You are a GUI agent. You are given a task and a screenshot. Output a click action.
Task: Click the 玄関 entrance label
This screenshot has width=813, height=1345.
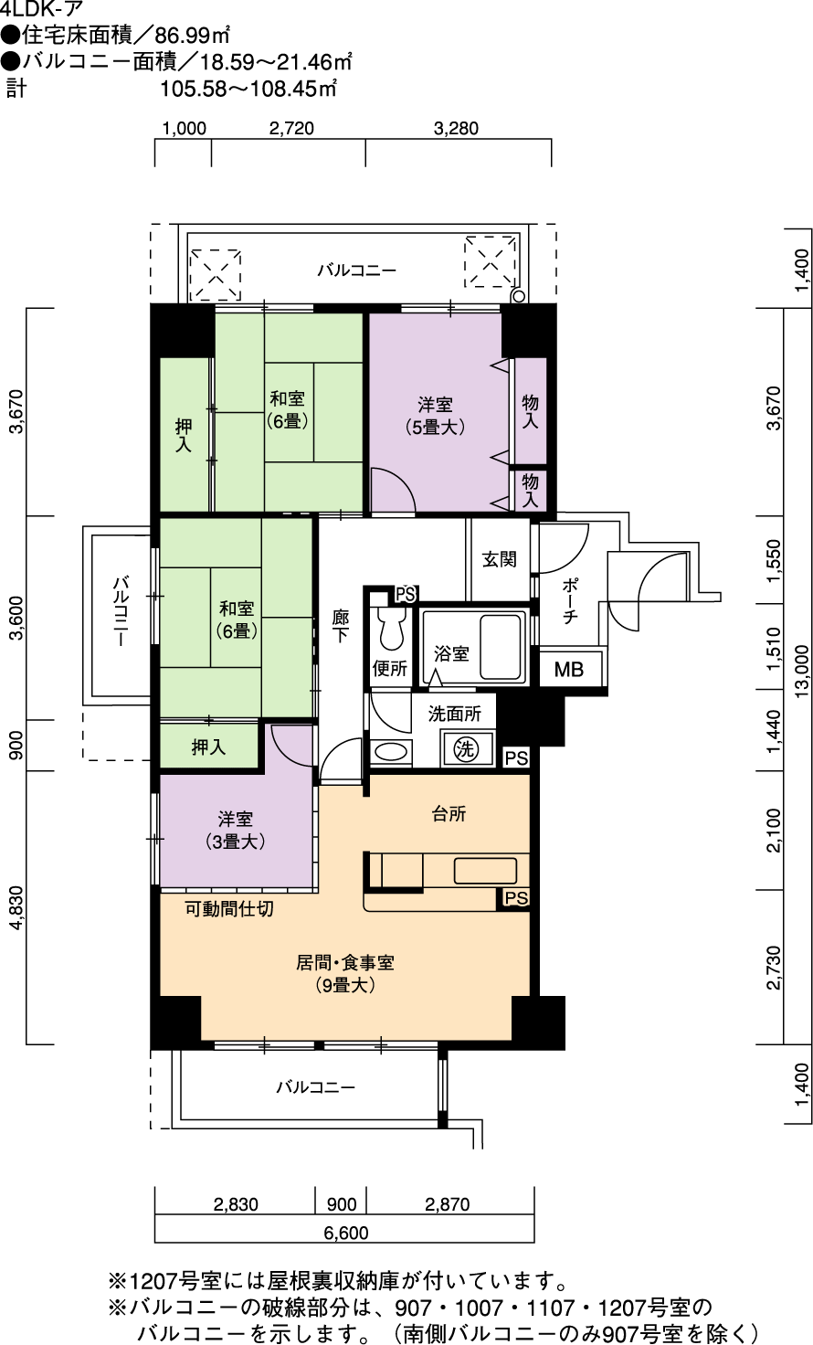[499, 559]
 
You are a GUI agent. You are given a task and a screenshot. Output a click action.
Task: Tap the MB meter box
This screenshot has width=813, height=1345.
[569, 669]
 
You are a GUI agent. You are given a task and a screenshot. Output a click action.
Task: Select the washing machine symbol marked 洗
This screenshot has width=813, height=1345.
[466, 748]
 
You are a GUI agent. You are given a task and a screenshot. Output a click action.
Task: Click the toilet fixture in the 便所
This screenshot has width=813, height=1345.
[391, 627]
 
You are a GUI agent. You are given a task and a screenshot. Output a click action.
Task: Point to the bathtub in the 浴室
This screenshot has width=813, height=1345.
[501, 647]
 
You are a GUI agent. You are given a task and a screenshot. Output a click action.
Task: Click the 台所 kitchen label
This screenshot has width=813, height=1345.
[449, 813]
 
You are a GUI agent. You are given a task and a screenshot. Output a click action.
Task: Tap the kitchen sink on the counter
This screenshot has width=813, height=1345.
[485, 871]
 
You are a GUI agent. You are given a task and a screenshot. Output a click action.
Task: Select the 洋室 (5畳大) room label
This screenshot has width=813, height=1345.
[436, 416]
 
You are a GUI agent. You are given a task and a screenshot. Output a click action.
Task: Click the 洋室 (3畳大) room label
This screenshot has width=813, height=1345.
[236, 831]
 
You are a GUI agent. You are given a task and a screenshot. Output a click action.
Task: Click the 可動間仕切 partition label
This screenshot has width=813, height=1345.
[229, 908]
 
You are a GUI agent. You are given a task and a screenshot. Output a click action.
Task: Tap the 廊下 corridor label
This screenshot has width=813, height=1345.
[341, 626]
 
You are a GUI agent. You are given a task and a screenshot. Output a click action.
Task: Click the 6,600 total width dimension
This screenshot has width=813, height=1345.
[346, 1233]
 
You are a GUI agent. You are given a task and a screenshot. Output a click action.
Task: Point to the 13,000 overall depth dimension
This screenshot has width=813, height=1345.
[802, 672]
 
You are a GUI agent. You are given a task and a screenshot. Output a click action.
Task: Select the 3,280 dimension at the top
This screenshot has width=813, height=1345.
[457, 129]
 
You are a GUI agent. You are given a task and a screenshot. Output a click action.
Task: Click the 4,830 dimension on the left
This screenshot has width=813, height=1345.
[16, 907]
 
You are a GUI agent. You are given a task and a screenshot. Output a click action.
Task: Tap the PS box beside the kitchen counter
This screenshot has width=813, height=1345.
[515, 897]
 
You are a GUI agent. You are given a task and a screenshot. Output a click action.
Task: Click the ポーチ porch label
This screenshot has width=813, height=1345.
[570, 600]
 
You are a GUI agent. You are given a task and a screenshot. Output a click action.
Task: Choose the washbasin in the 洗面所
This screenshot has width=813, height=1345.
[391, 752]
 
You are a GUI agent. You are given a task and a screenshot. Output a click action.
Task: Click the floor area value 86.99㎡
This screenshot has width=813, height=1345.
[192, 36]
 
